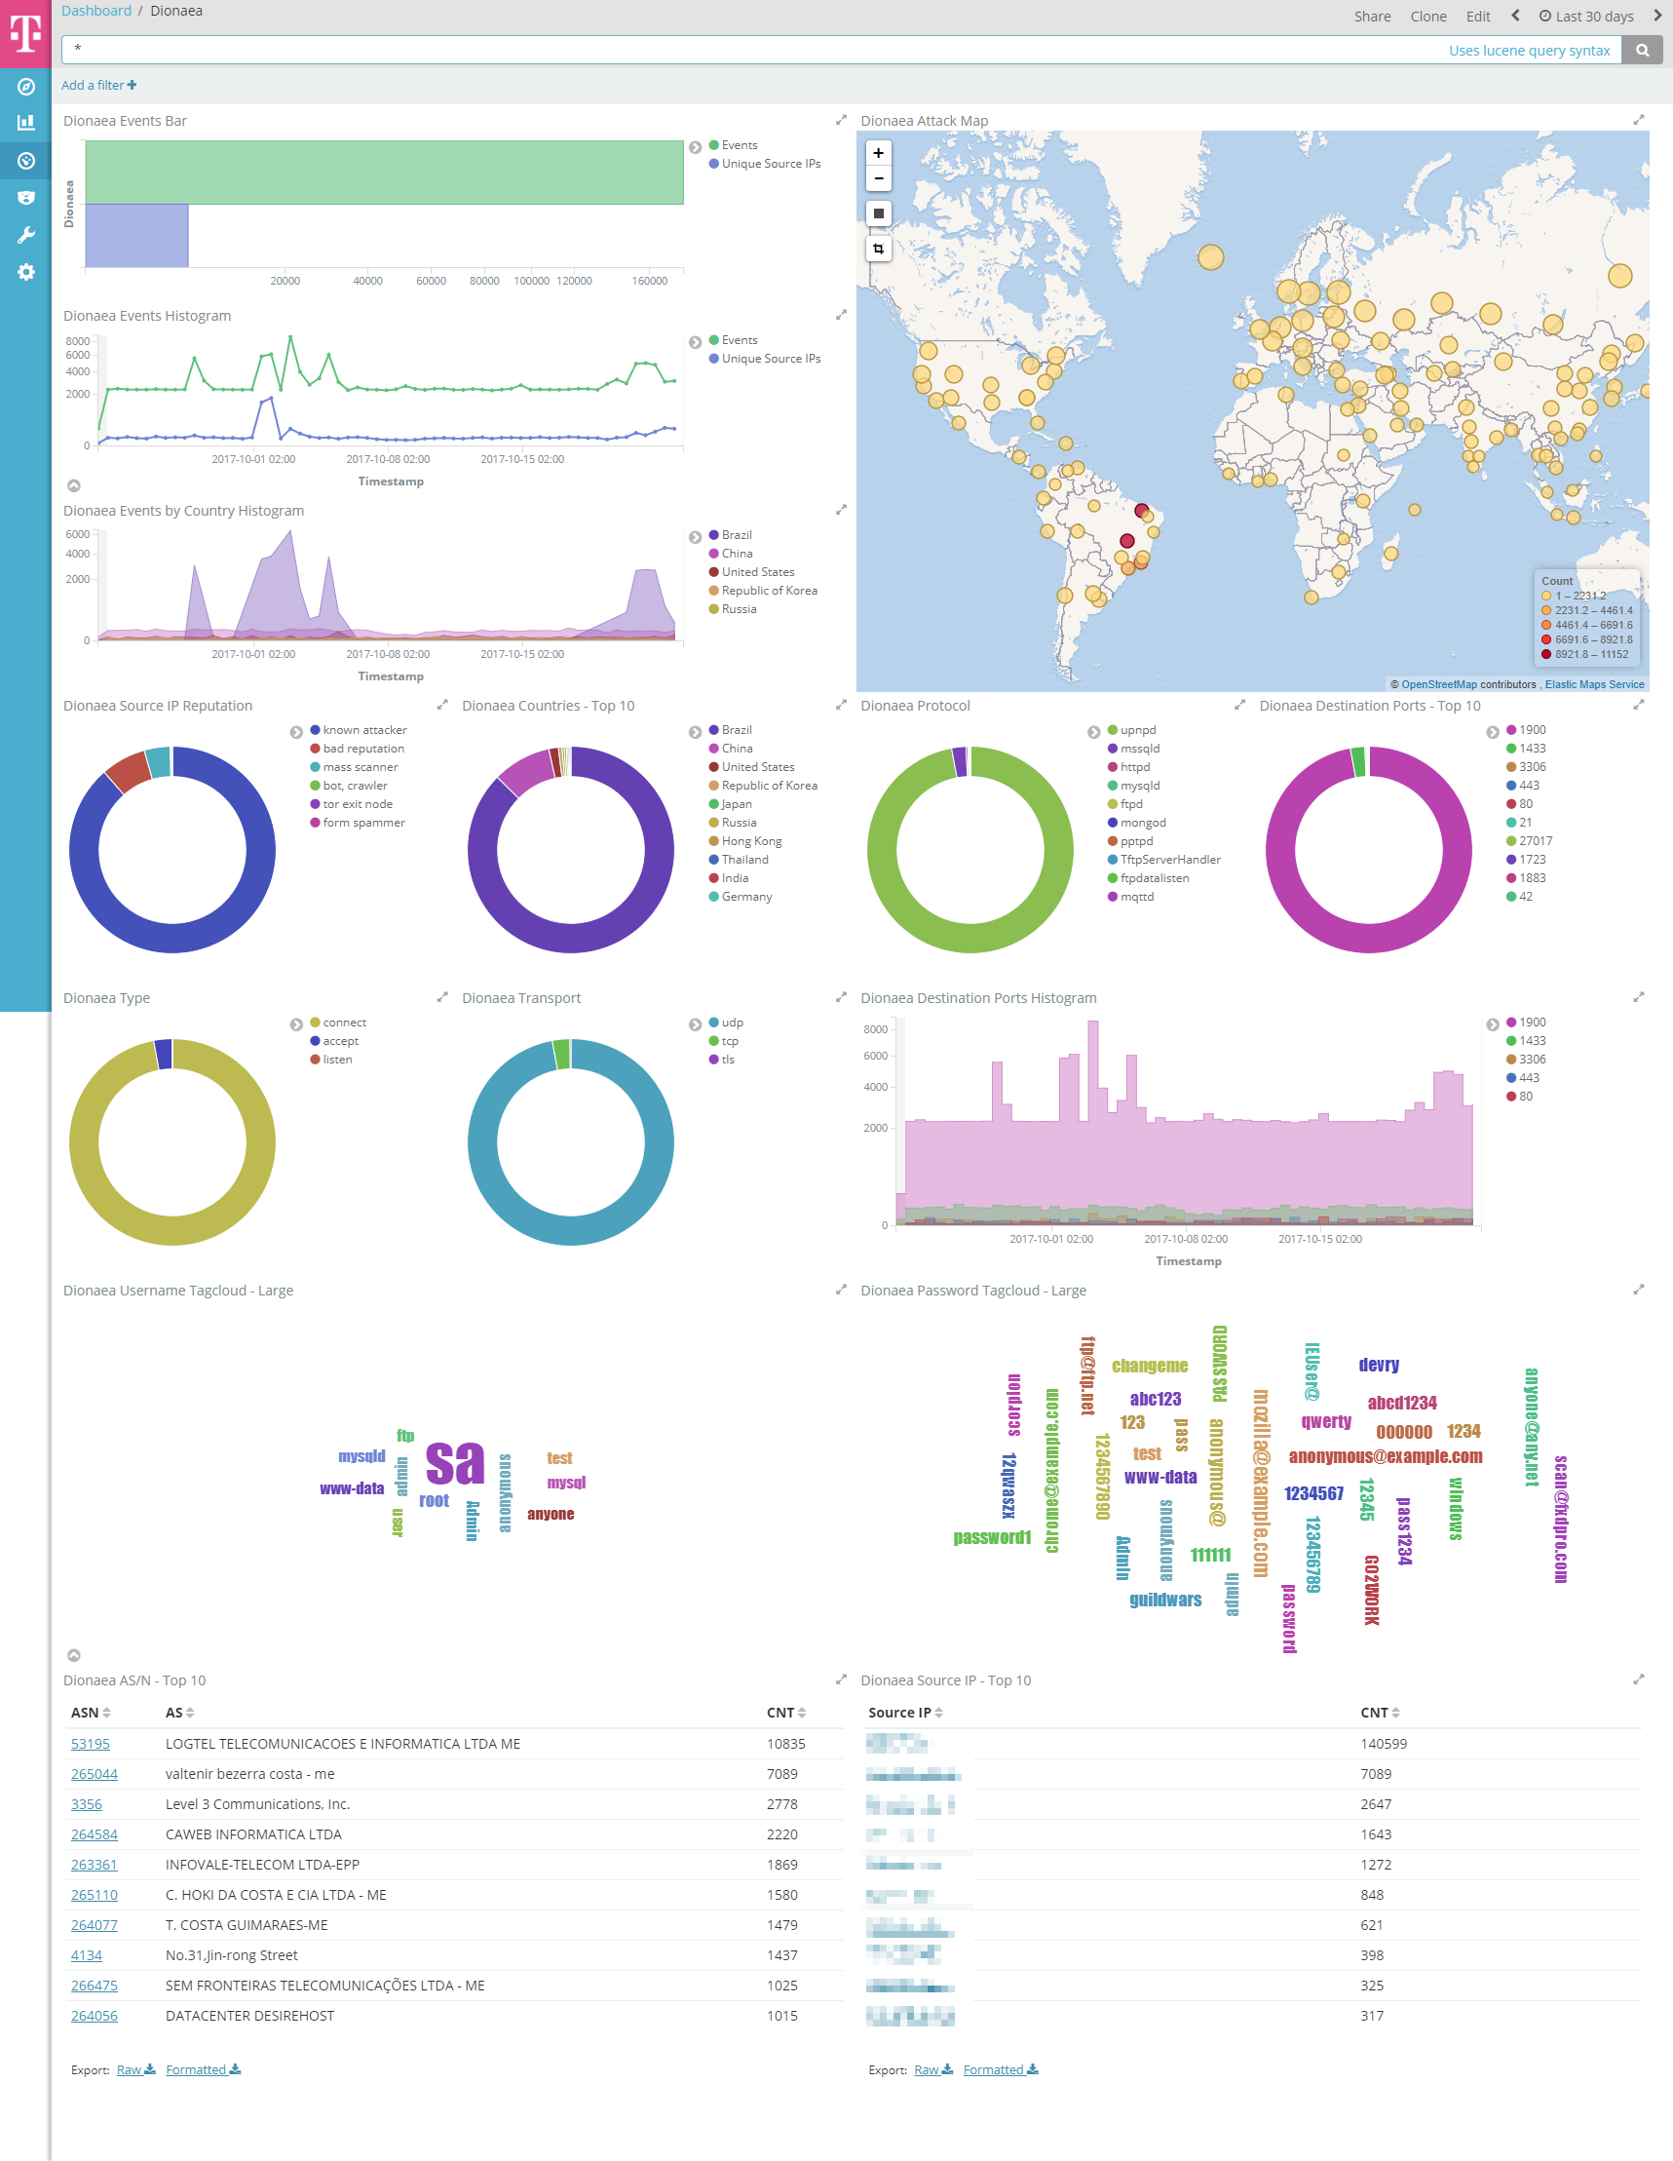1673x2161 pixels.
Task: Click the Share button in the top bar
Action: point(1371,16)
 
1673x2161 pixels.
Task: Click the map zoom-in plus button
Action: point(878,153)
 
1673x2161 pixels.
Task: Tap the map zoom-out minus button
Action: point(878,178)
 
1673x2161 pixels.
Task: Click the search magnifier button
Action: point(1642,51)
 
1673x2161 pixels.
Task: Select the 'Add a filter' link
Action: point(98,85)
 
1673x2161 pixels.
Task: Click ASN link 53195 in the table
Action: point(90,1744)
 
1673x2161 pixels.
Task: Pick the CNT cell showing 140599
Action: point(1383,1744)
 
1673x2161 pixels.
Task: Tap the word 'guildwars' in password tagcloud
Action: point(1164,1600)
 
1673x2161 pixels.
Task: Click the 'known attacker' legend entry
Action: point(364,730)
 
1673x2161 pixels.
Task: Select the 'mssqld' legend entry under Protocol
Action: point(1140,749)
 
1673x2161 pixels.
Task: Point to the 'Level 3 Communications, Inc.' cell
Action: point(257,1804)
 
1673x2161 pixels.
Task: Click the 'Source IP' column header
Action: point(899,1713)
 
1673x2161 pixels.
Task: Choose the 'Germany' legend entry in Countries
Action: point(746,897)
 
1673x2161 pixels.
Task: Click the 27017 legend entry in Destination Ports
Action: point(1535,841)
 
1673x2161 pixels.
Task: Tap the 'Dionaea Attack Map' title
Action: point(923,121)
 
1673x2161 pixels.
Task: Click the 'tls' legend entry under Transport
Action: point(727,1060)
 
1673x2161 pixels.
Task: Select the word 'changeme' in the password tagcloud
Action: point(1149,1366)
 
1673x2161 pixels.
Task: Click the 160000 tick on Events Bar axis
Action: point(649,281)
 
